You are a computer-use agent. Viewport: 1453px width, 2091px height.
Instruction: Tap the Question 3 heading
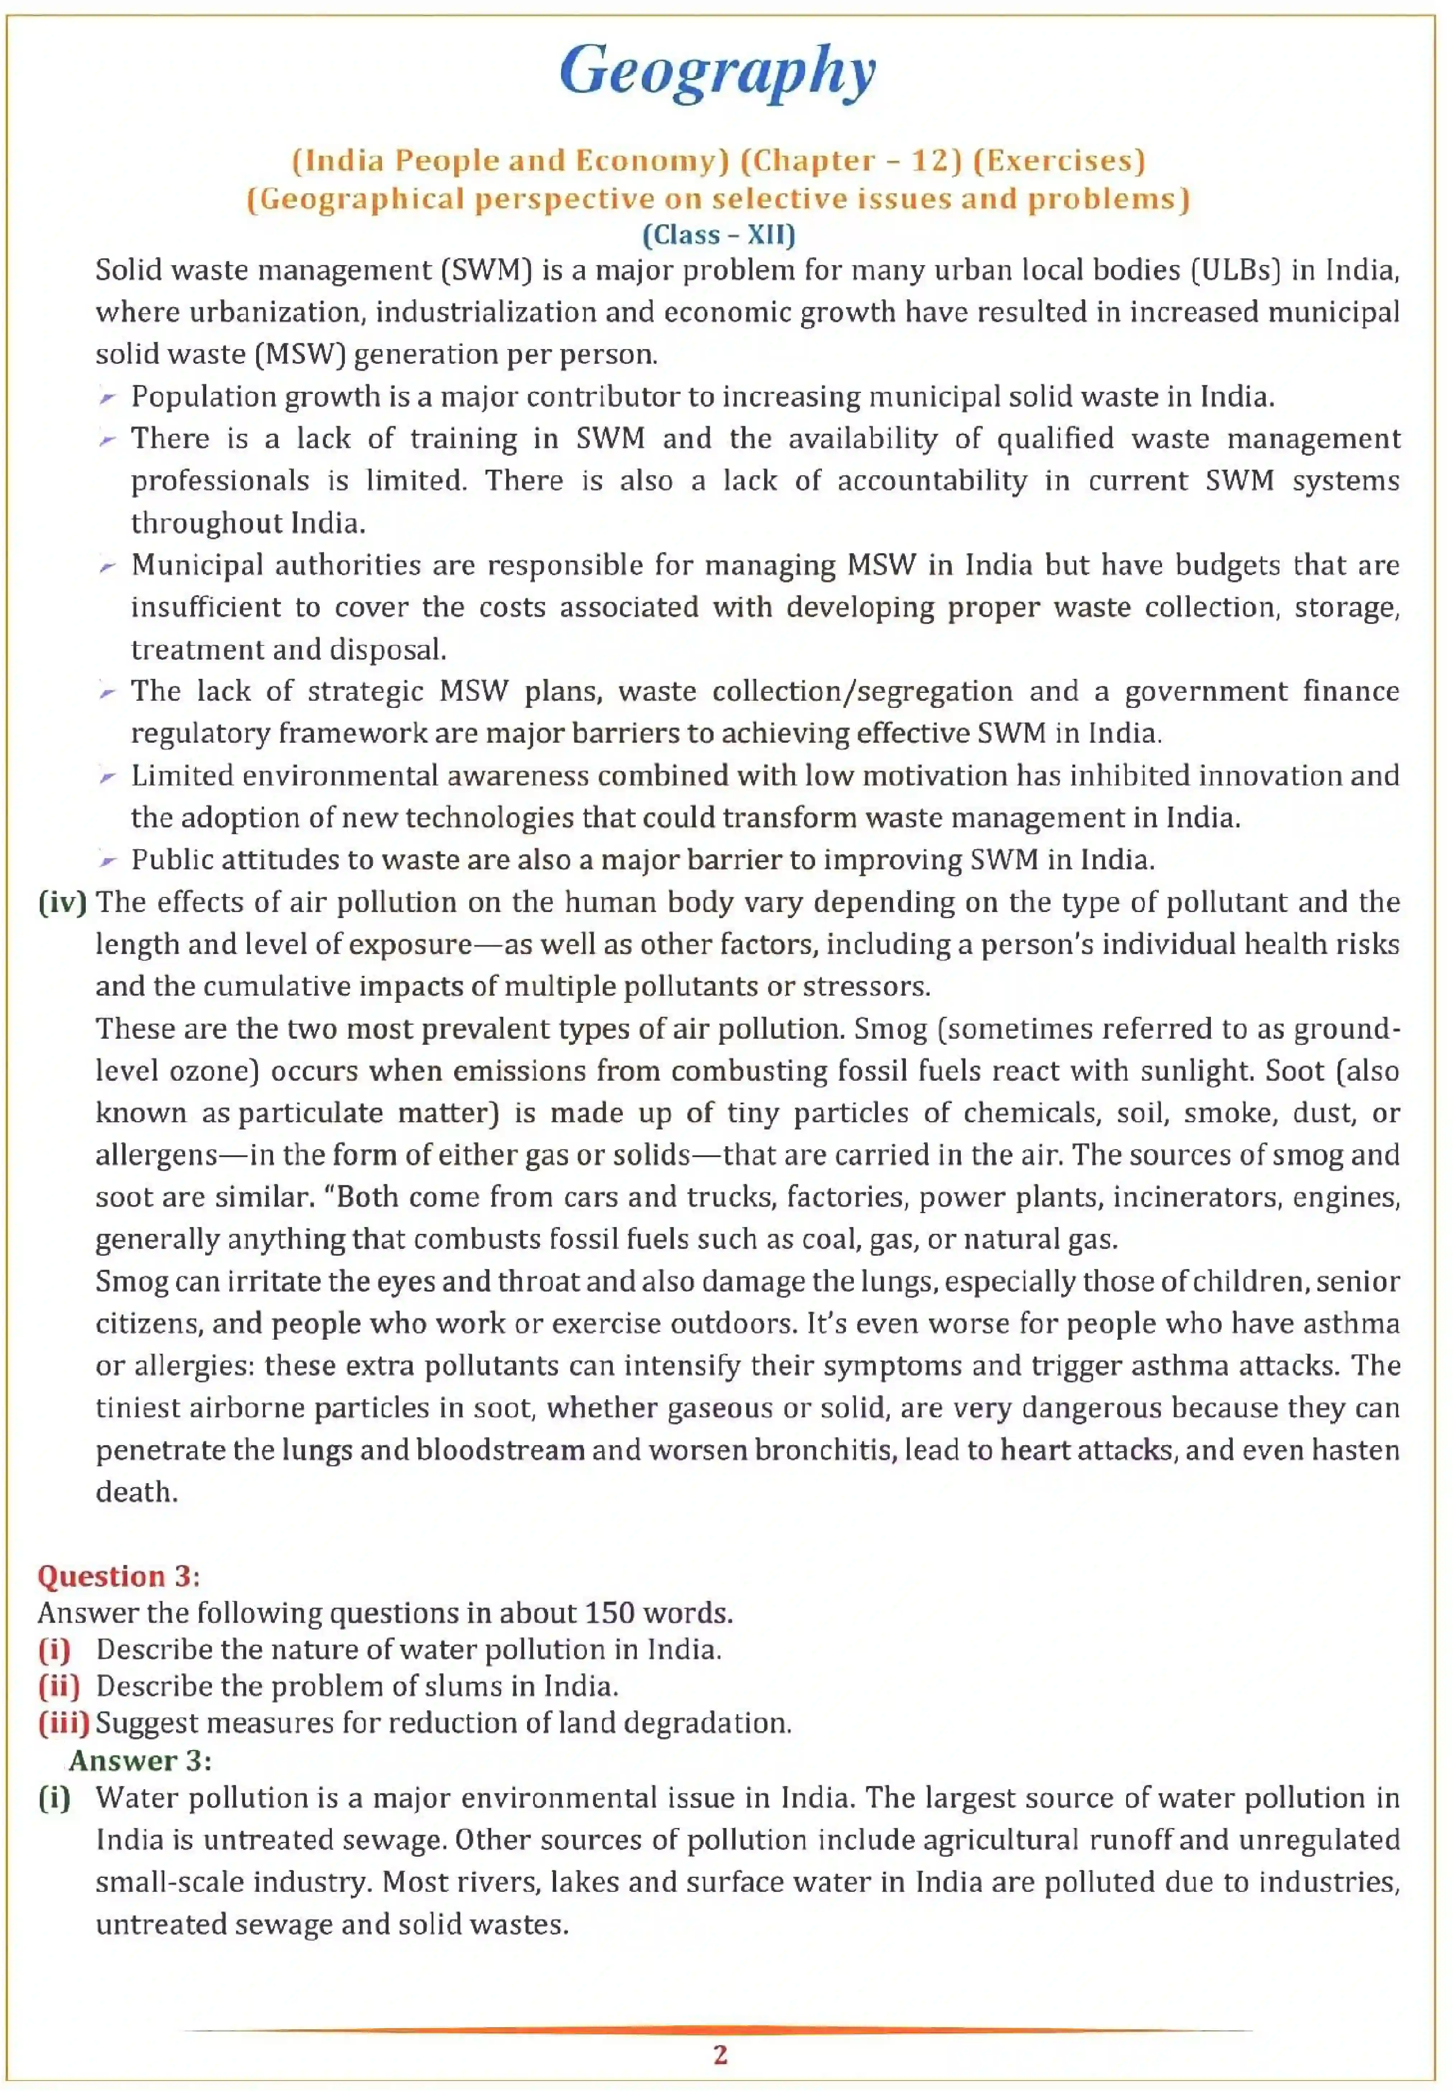(118, 1576)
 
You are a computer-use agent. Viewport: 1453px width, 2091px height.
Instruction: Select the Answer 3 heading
(140, 1761)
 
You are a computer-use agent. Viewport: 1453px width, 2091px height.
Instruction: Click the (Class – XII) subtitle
(718, 235)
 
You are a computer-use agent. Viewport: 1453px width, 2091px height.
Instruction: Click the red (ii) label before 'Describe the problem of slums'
(58, 1686)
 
